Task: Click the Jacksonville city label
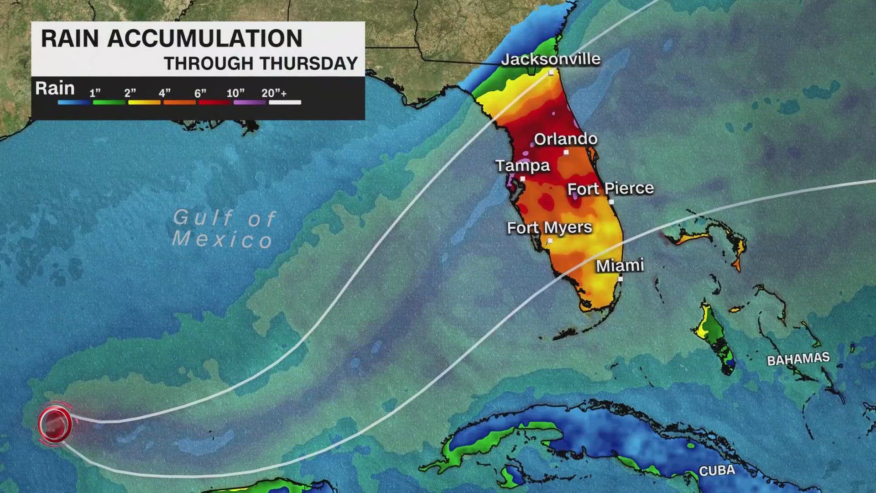pos(550,59)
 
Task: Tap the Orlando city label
pos(565,139)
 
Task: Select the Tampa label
pos(522,165)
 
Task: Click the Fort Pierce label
pos(610,188)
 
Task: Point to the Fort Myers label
pos(549,227)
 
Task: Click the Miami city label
pos(620,265)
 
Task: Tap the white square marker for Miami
pos(620,278)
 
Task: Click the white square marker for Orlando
pos(566,152)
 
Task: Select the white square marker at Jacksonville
pos(551,73)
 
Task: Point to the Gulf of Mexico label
pos(224,228)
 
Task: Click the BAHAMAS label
pos(798,359)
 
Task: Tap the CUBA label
pos(717,470)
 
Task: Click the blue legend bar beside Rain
pos(73,102)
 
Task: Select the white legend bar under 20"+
pos(285,102)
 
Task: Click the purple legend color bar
pos(250,102)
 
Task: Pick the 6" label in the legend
pos(200,94)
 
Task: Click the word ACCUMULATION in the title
pos(204,38)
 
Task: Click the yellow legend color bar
pos(144,102)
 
